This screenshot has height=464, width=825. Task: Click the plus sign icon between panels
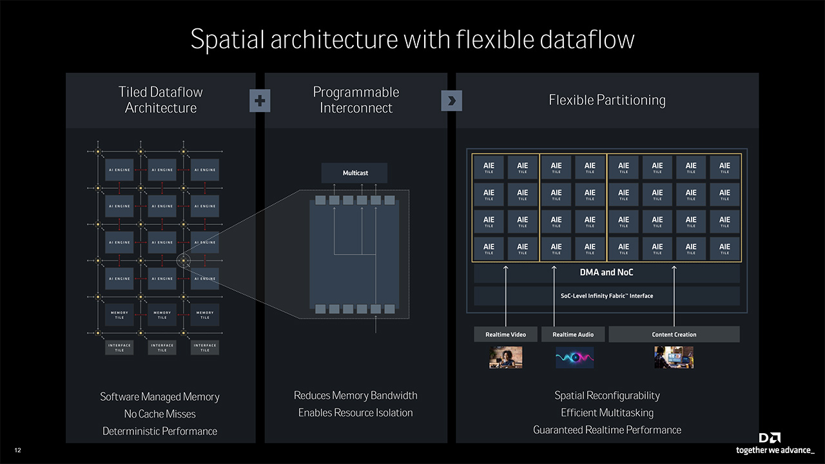point(260,101)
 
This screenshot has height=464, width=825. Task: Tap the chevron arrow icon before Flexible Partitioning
point(451,101)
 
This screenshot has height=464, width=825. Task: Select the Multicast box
point(354,173)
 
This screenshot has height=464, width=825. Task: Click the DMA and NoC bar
point(607,273)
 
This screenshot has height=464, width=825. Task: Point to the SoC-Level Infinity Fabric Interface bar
point(607,296)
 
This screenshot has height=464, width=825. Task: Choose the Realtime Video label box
point(505,334)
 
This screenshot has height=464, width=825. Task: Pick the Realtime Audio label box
point(573,334)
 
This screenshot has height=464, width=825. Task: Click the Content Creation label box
point(674,334)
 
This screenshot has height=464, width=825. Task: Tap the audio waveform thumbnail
point(574,358)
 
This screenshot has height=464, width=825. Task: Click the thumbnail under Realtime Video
point(505,358)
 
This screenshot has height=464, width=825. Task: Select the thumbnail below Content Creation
point(674,358)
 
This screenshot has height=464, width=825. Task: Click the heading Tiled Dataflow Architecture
point(160,100)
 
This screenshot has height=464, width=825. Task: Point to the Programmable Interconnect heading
point(356,100)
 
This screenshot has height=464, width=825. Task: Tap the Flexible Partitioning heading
point(607,100)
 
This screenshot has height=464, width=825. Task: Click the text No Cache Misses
point(160,414)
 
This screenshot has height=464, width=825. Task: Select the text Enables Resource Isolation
point(355,412)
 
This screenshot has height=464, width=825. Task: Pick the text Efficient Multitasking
point(607,412)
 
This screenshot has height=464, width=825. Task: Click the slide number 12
point(17,450)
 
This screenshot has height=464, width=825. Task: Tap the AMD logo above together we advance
point(770,438)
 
